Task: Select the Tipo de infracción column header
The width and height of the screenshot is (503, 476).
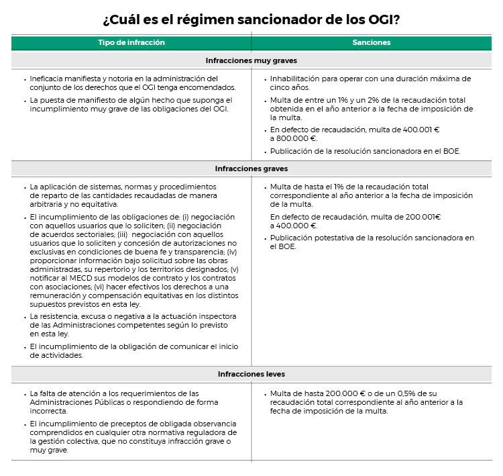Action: tap(131, 42)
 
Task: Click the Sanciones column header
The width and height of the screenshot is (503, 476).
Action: tap(372, 42)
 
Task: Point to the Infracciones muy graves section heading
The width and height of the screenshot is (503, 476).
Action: tap(251, 60)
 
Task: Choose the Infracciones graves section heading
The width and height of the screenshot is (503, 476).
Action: tap(251, 169)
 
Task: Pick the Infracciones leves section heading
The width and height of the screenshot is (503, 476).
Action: tap(251, 374)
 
